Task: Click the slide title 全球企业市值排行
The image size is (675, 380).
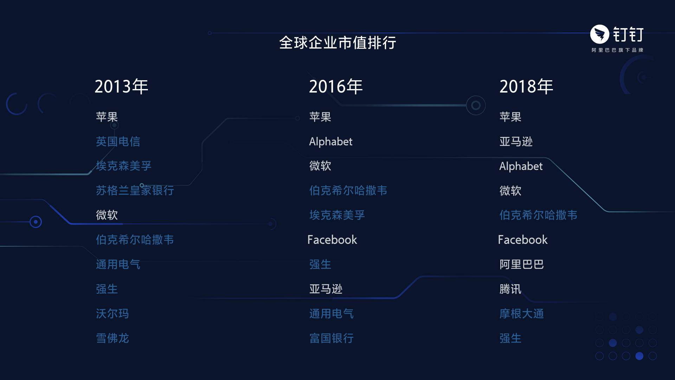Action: point(337,43)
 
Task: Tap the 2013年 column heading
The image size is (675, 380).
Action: point(121,87)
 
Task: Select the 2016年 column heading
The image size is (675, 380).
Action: point(336,87)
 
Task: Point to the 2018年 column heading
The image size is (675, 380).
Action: point(526,87)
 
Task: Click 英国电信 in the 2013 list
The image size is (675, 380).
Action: point(118,141)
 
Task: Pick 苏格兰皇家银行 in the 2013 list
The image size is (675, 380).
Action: point(135,190)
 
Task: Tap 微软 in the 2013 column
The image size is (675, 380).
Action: point(107,215)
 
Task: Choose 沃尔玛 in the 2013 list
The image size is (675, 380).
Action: point(112,313)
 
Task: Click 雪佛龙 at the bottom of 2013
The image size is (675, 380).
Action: point(112,338)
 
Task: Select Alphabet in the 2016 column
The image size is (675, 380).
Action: point(331,141)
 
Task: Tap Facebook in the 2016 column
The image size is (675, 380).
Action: point(332,240)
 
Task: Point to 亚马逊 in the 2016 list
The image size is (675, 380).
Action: point(326,289)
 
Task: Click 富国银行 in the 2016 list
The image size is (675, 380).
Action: point(332,338)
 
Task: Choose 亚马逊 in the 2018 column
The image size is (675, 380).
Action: point(516,141)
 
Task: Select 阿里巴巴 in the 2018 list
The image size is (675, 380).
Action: point(522,264)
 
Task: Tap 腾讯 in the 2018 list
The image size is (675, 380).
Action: point(510,289)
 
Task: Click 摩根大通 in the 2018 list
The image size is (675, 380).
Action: point(522,313)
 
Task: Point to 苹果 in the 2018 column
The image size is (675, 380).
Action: point(510,117)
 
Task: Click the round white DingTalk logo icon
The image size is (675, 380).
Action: point(599,34)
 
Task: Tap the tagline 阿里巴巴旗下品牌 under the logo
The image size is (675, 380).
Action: point(617,50)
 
